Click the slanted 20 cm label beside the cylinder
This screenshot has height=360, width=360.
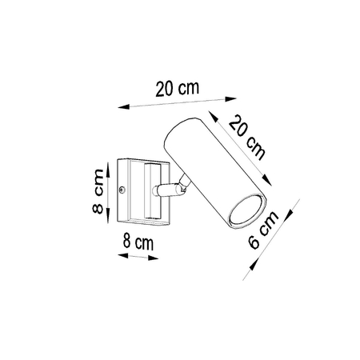coord(247,136)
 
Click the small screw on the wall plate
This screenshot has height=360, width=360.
coord(121,190)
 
